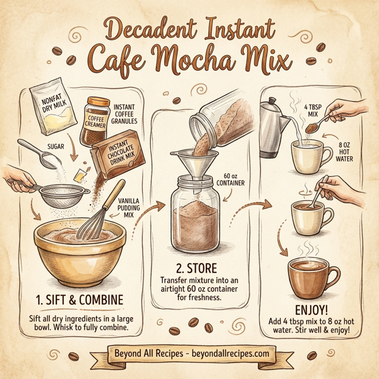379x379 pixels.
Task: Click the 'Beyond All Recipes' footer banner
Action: tap(189, 352)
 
